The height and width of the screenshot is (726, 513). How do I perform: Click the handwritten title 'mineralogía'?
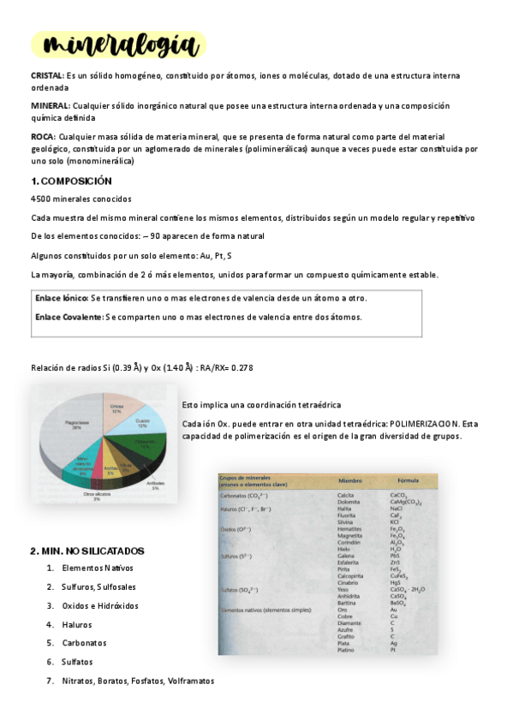(x=117, y=45)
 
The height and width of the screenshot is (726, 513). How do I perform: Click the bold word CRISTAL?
(x=46, y=75)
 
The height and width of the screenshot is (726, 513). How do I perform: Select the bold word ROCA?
(x=43, y=136)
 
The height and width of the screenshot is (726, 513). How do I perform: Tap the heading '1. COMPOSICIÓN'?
(x=71, y=181)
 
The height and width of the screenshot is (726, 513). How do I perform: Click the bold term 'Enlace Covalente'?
(x=69, y=317)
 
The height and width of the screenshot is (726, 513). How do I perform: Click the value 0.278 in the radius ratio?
(x=242, y=367)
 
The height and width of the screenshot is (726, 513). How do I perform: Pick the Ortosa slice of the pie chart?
(x=116, y=409)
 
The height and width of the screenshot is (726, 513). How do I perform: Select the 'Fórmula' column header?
(x=407, y=481)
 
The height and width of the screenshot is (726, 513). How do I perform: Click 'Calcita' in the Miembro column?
(x=346, y=495)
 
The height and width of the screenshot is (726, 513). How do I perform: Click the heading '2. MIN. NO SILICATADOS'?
(x=87, y=550)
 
